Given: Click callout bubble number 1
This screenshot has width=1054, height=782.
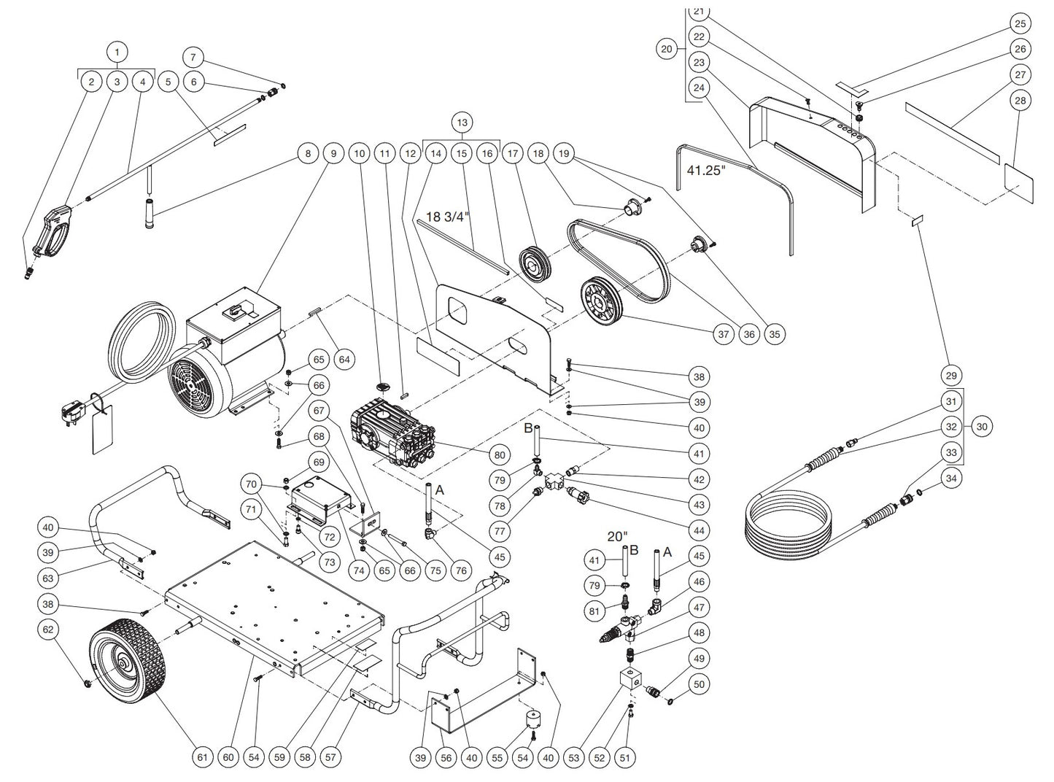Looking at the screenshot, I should [117, 52].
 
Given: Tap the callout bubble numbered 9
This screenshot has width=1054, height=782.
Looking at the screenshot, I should [334, 154].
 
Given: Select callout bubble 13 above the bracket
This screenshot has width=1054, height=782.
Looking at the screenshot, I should [462, 121].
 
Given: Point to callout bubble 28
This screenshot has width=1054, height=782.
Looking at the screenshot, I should [1020, 100].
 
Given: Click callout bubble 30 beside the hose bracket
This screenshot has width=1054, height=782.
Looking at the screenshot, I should [982, 427].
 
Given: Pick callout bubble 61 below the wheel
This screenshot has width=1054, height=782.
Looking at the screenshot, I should [203, 757].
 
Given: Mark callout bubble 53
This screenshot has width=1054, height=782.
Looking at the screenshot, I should [574, 757].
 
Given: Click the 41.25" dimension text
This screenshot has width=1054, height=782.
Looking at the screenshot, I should [707, 170].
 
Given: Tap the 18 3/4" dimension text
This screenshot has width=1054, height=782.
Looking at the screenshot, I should [448, 216].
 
